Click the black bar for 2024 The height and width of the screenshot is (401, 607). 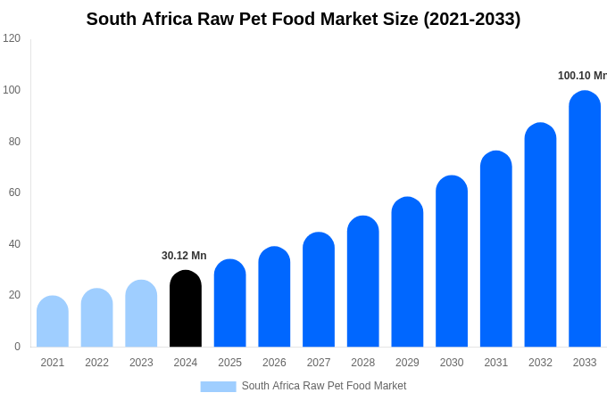click(186, 309)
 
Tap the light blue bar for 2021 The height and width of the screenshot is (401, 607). click(53, 322)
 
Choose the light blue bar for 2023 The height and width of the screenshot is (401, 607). click(141, 314)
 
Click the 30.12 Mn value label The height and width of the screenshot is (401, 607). click(184, 256)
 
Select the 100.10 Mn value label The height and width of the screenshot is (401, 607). click(581, 76)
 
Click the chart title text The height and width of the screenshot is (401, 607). click(303, 19)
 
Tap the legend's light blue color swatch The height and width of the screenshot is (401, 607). click(218, 387)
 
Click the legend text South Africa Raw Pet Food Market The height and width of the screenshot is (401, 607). click(323, 386)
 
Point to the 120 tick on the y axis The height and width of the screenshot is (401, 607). click(12, 38)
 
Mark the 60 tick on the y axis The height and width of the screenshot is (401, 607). click(14, 192)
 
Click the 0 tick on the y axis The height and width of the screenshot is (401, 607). click(17, 347)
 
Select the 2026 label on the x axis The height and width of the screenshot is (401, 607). click(274, 363)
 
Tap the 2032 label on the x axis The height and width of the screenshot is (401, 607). click(540, 363)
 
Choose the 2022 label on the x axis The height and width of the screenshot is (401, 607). click(96, 363)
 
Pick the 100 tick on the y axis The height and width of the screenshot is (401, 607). click(12, 90)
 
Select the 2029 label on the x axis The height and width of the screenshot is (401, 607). click(407, 363)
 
